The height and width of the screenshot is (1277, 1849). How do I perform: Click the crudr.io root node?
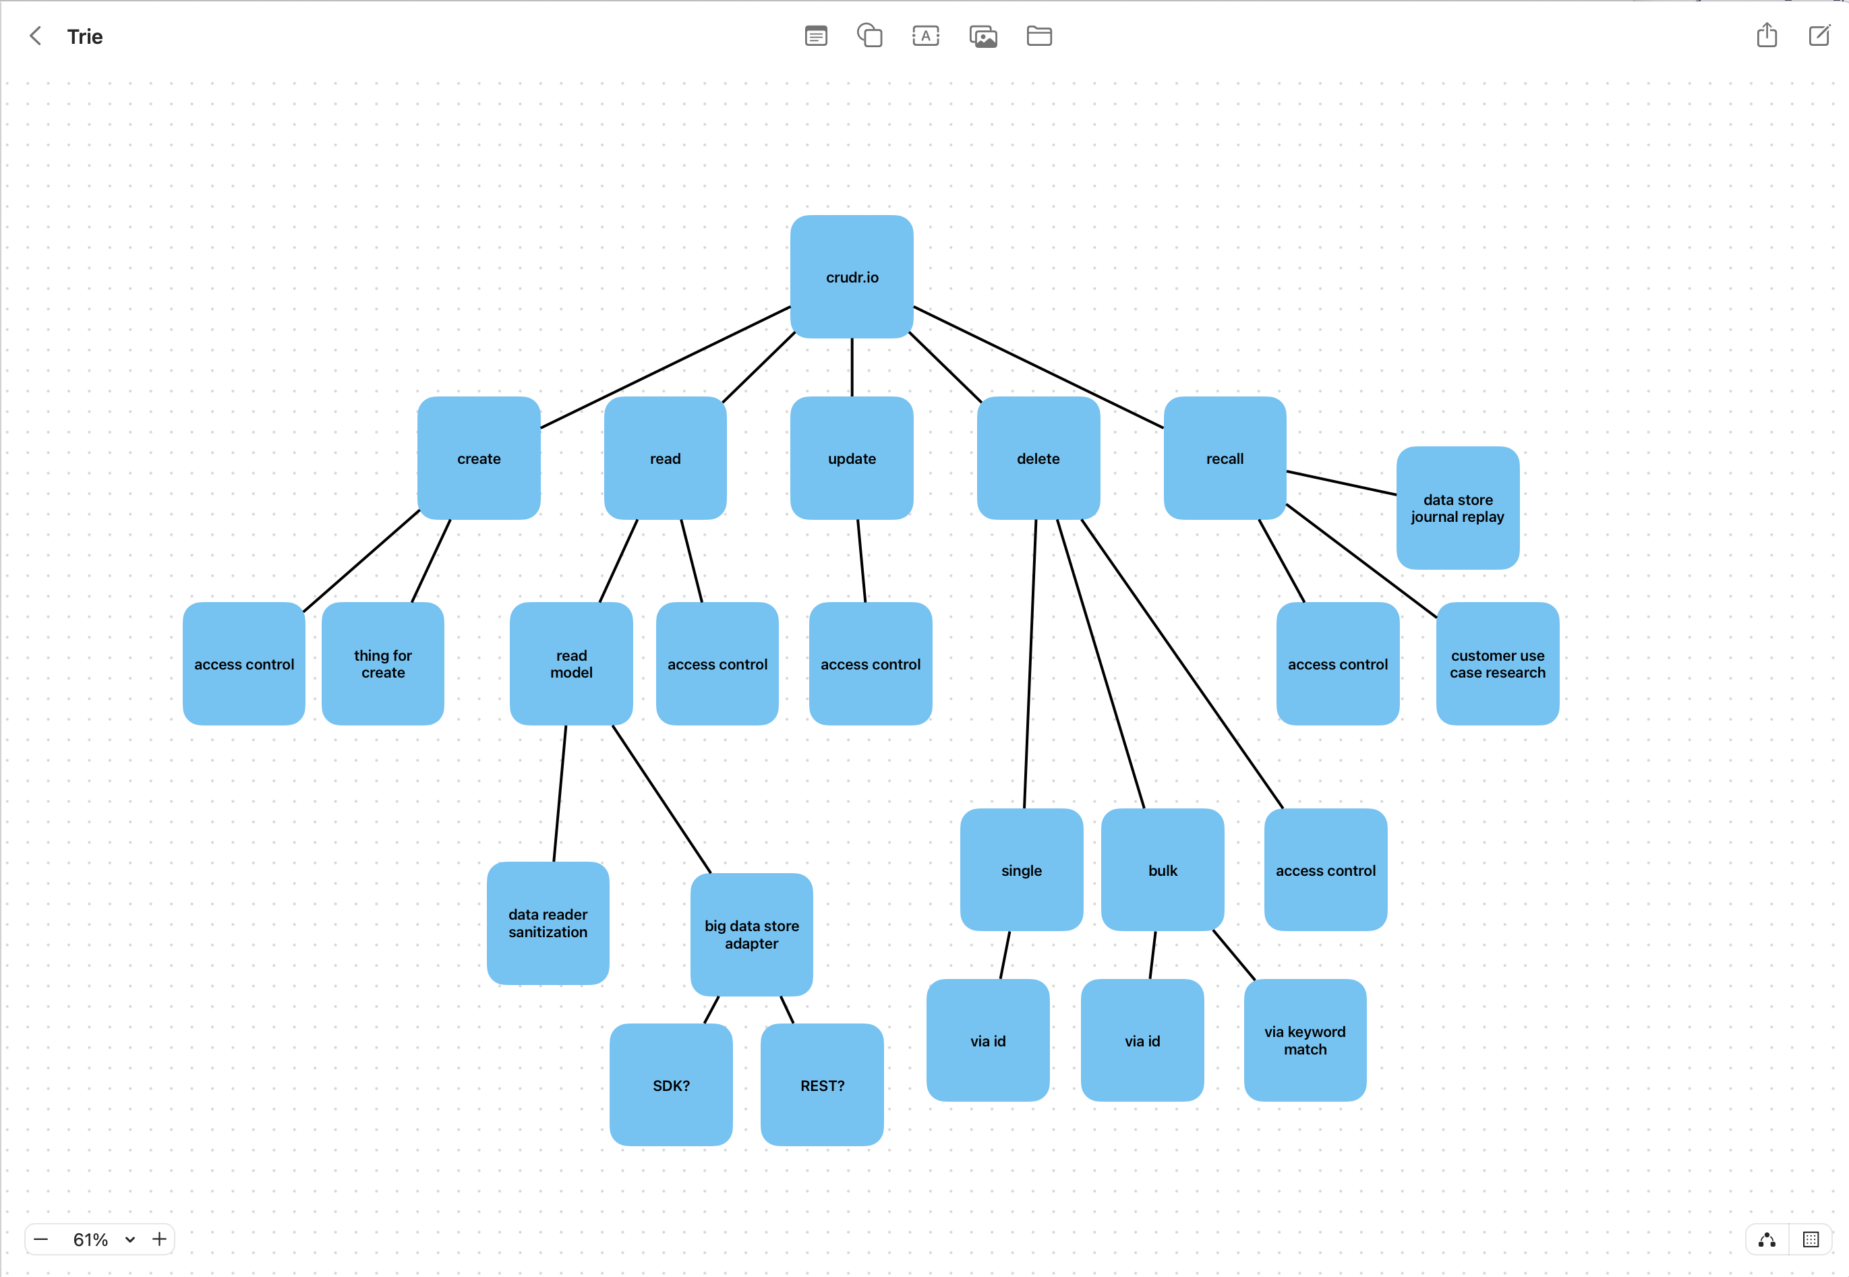851,277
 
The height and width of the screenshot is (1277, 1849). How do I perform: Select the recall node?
1224,458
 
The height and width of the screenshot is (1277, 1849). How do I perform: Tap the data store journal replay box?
1457,508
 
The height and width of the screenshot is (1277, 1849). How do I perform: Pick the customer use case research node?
1497,664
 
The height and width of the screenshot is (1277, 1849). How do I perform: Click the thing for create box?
382,664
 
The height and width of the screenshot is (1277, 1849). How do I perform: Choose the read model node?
571,664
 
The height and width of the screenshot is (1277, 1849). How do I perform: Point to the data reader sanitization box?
548,922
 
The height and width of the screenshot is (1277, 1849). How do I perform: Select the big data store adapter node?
751,934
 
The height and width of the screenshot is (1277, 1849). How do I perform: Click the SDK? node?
670,1085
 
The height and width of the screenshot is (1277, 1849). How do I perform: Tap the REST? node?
822,1085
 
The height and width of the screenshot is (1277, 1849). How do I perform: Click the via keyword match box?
1305,1040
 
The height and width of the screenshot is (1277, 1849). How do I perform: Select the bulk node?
1163,870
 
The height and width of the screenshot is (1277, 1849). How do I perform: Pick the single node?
1021,870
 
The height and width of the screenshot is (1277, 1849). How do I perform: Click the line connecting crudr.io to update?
851,367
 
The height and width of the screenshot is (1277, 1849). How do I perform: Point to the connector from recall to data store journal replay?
1341,483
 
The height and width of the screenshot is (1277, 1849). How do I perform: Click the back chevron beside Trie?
35,36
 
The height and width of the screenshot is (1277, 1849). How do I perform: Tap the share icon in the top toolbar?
1767,35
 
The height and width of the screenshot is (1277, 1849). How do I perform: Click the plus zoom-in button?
159,1239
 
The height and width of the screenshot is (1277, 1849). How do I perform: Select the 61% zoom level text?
90,1239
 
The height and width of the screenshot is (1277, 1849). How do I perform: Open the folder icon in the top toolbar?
1038,36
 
